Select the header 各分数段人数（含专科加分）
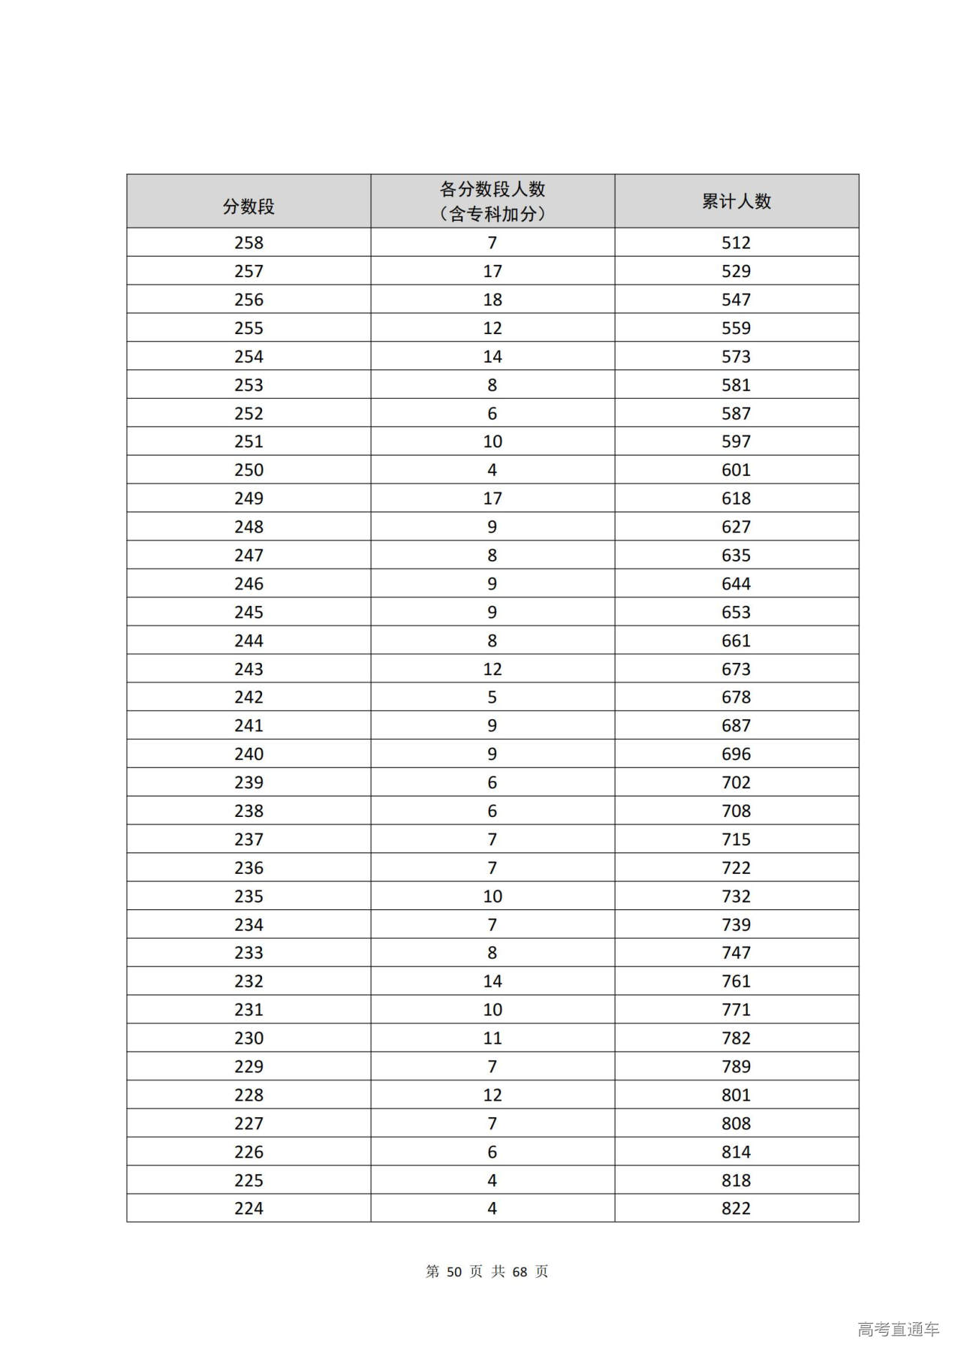click(x=493, y=201)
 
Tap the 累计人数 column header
click(x=737, y=201)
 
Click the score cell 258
click(x=249, y=243)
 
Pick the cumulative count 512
click(x=736, y=243)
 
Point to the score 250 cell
click(x=249, y=470)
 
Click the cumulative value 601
click(x=736, y=470)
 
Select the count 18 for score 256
click(x=493, y=300)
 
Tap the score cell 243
click(x=249, y=669)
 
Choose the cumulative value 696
click(x=736, y=754)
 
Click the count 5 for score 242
click(x=493, y=698)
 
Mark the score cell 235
click(x=249, y=896)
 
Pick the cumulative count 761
click(x=736, y=981)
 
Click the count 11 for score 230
click(x=493, y=1038)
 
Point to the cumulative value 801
click(x=736, y=1095)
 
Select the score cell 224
click(x=249, y=1208)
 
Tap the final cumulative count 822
click(x=736, y=1208)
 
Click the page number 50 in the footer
click(x=454, y=1271)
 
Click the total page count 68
click(x=520, y=1271)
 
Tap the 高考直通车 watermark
click(x=898, y=1329)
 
